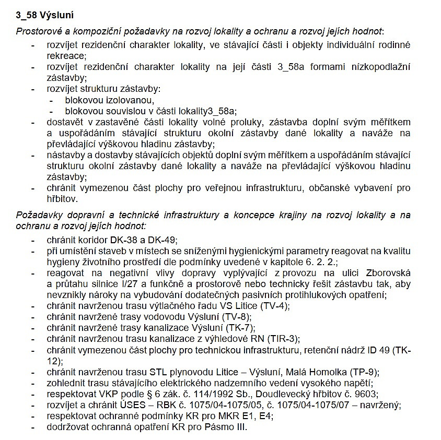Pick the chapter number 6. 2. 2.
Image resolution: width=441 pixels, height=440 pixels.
[x=322, y=262]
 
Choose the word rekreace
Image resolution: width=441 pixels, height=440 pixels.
[x=65, y=55]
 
